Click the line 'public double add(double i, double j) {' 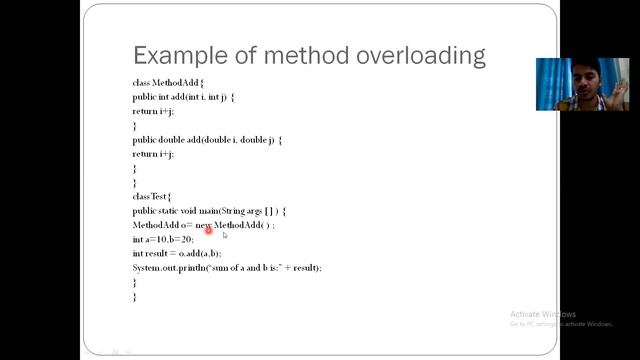tap(207, 140)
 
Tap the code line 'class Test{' tap(152, 197)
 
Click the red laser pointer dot tap(208, 230)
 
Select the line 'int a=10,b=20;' tap(162, 240)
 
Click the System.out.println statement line tap(227, 268)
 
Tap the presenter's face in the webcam tap(581, 79)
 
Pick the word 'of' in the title tap(235, 54)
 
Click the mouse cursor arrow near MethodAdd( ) tap(225, 235)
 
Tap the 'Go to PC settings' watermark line tap(560, 324)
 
